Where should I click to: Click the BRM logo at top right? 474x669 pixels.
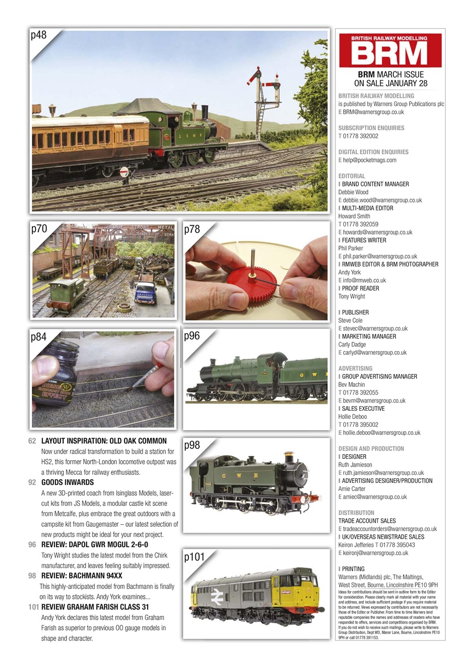tap(390, 51)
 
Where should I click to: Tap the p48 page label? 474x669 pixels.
tap(39, 36)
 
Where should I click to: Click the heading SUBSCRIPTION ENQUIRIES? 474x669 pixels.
tap(371, 128)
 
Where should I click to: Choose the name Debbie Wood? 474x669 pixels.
tap(354, 192)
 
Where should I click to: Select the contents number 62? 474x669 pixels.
tap(32, 441)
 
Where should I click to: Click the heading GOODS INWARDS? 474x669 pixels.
tap(67, 482)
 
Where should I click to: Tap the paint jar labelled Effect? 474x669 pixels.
tap(55, 374)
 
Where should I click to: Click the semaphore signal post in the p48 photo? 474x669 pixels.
tap(259, 99)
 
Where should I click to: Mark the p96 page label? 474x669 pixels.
tap(192, 336)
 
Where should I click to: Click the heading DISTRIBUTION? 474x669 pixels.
tap(356, 513)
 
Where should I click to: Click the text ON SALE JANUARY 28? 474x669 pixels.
tap(390, 83)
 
